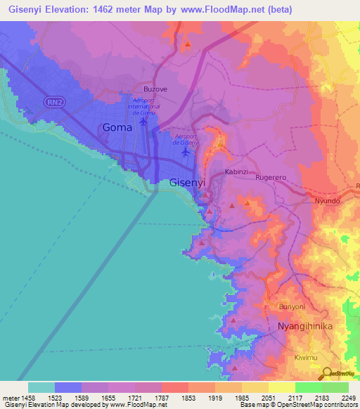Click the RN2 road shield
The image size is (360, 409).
53,103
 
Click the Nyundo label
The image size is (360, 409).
328,200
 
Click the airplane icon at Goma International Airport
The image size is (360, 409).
144,122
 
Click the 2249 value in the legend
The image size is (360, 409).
348,398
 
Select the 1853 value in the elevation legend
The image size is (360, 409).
188,398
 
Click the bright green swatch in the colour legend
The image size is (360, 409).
309,387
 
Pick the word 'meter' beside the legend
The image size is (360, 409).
12,398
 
